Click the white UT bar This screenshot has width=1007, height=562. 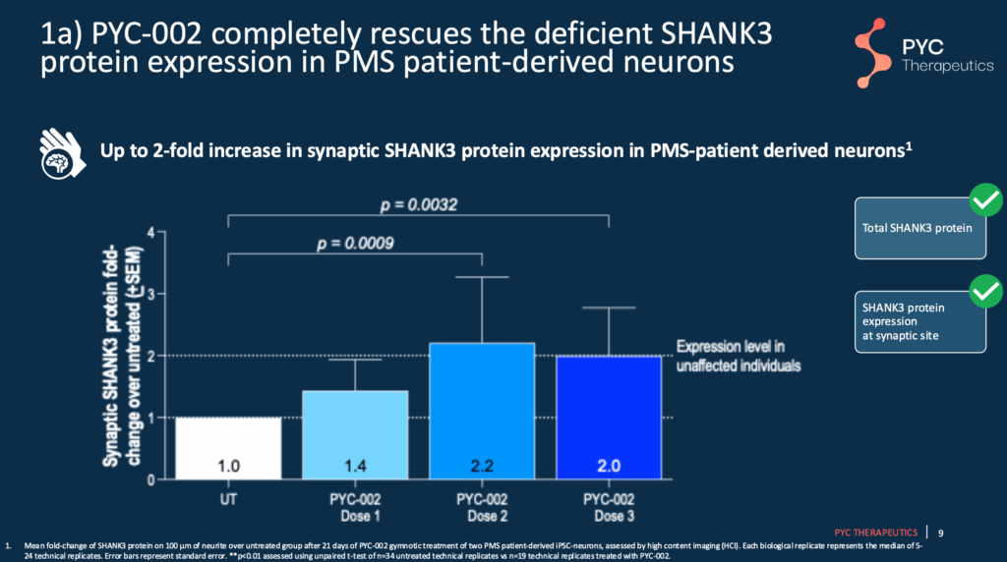213,448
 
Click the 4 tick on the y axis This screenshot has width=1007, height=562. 150,232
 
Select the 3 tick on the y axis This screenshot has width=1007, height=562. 150,294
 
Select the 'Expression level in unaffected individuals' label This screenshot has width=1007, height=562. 735,356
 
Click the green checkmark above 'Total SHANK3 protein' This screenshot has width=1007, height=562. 984,200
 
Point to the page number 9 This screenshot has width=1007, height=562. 941,533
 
